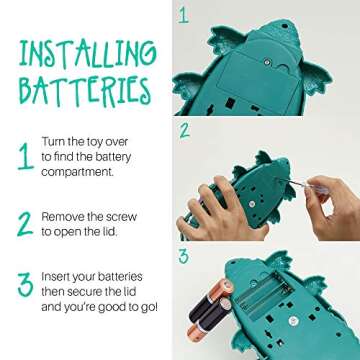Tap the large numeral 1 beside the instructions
click(26, 157)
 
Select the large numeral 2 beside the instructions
click(25, 224)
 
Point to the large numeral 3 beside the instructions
click(26, 285)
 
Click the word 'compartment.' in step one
click(77, 173)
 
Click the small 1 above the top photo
click(184, 15)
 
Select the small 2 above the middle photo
click(184, 131)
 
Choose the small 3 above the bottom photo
click(184, 256)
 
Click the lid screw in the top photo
click(266, 61)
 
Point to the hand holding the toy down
click(213, 208)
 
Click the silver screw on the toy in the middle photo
click(252, 204)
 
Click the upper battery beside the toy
click(211, 300)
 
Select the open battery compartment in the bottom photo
click(263, 292)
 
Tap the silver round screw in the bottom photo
click(293, 321)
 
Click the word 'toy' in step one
click(92, 143)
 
